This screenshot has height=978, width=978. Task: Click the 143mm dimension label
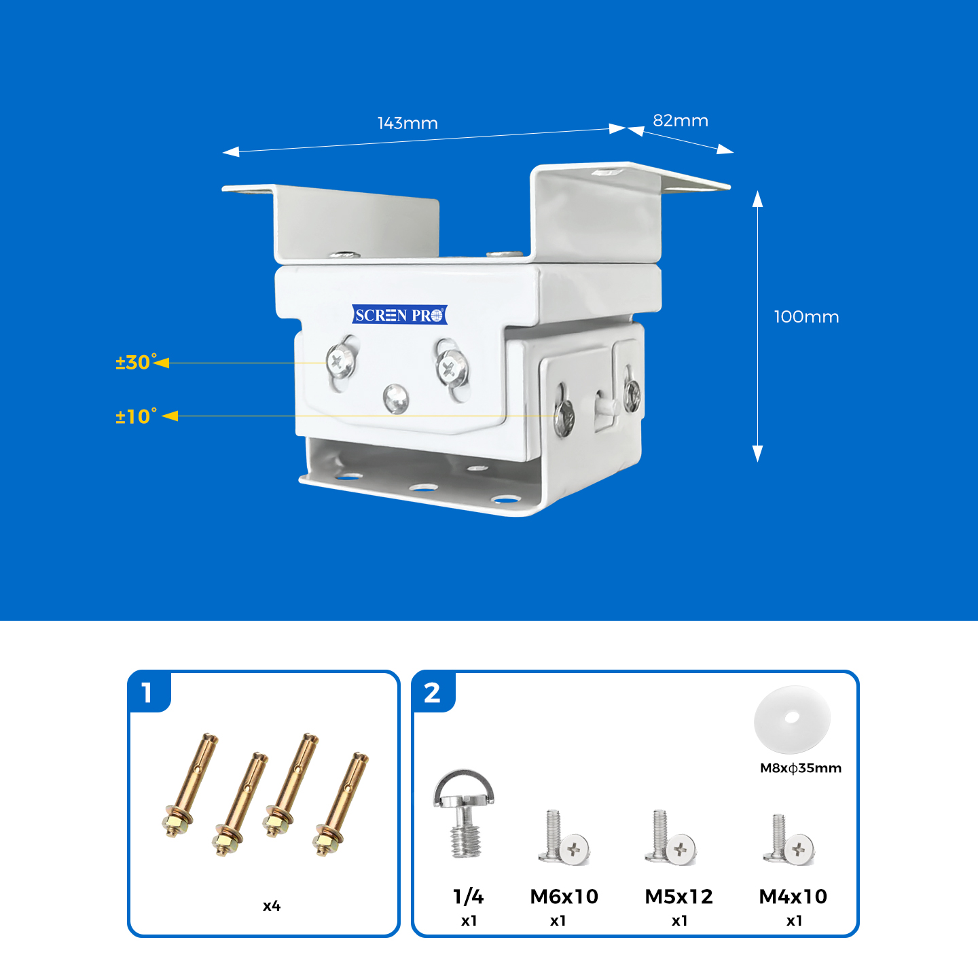407,124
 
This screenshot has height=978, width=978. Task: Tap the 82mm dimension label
681,121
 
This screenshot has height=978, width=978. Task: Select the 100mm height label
806,317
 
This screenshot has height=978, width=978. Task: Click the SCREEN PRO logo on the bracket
399,315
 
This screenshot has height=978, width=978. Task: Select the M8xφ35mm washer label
800,768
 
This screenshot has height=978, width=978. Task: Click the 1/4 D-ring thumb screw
465,812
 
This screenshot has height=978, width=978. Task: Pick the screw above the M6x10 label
564,838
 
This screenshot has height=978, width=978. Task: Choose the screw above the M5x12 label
671,838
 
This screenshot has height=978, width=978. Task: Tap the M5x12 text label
678,896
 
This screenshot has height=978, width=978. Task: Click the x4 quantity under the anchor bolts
272,906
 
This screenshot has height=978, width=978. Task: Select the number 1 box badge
147,693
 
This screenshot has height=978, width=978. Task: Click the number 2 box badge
432,693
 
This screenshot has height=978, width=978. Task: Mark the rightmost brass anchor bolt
341,804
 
